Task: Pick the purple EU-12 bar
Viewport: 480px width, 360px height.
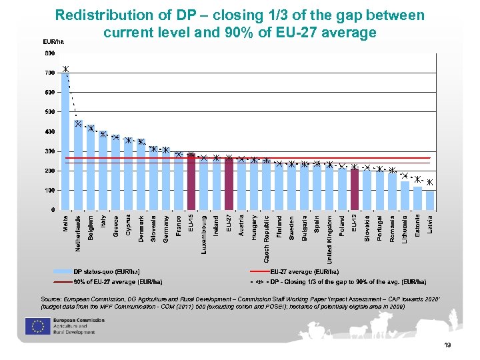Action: [x=355, y=189]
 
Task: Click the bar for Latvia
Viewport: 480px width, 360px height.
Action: [x=430, y=200]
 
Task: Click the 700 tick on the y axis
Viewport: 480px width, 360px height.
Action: [x=50, y=73]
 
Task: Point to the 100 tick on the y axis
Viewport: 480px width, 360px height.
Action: [x=50, y=191]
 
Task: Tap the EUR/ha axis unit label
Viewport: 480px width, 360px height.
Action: [x=54, y=42]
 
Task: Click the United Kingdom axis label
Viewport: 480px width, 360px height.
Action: [x=329, y=239]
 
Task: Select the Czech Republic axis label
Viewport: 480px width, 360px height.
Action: [x=267, y=237]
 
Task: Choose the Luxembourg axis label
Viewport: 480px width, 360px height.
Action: [x=204, y=234]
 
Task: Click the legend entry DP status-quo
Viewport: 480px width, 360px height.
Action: [x=107, y=272]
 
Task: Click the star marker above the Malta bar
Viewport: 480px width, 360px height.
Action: [x=65, y=69]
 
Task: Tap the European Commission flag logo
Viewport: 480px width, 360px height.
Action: [x=35, y=326]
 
